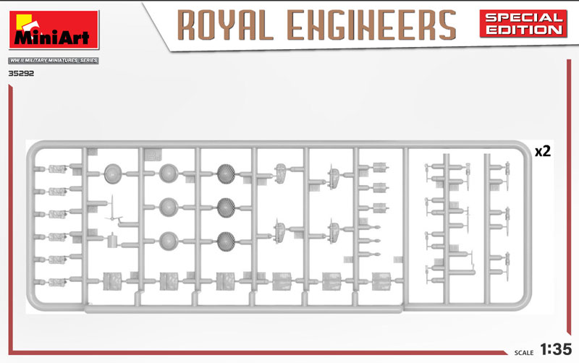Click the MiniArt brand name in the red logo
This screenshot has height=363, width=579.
tap(51, 38)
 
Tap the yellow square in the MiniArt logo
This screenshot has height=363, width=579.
tap(26, 21)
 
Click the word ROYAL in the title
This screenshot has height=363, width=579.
tap(225, 25)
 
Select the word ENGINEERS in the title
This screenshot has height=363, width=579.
tap(372, 25)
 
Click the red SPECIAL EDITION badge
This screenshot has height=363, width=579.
tap(523, 24)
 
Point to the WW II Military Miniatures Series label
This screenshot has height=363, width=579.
tap(54, 61)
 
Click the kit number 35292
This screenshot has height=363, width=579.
tap(21, 74)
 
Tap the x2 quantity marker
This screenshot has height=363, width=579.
tap(543, 151)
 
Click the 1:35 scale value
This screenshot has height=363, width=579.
tap(556, 349)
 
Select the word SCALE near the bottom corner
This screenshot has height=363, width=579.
tap(523, 353)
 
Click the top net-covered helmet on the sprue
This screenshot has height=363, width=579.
tap(227, 174)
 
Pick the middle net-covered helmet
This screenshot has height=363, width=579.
tap(227, 208)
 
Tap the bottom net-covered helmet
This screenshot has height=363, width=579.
tap(227, 242)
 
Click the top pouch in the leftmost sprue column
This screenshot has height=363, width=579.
tap(57, 169)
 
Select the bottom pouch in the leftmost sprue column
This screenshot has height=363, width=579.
tap(57, 282)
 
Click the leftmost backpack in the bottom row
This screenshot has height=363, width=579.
tap(112, 281)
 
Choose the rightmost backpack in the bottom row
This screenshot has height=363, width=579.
tap(381, 281)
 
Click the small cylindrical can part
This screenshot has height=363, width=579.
tap(112, 242)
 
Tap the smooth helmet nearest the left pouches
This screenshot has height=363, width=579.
tap(113, 174)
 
